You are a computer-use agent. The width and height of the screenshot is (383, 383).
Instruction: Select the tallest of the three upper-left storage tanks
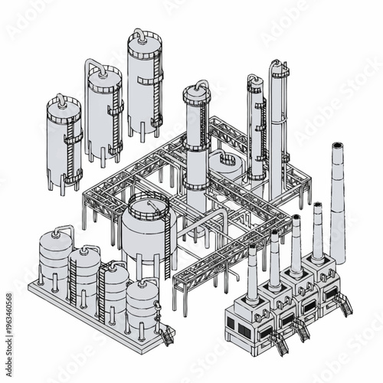click(x=143, y=84)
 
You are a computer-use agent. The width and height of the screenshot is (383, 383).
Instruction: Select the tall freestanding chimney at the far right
click(x=337, y=199)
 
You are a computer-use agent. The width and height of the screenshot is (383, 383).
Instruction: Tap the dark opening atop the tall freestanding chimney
click(x=336, y=145)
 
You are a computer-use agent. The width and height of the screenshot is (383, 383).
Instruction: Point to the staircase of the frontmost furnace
click(x=281, y=345)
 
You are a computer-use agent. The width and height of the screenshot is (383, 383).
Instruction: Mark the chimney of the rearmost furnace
click(x=317, y=230)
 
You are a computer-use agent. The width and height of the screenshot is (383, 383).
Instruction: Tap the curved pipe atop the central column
click(x=201, y=83)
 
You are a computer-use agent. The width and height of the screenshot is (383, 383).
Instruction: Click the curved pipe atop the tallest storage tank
click(x=139, y=34)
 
